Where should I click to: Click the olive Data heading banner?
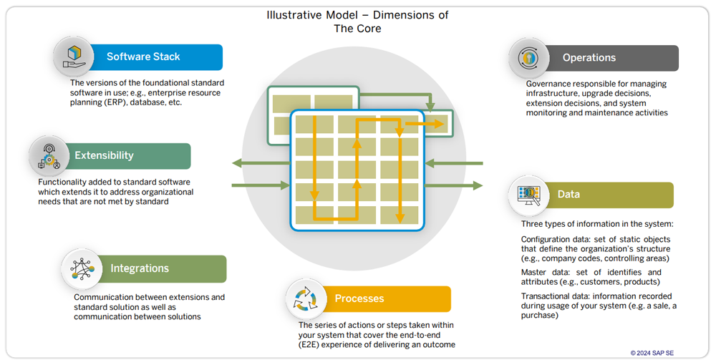609,195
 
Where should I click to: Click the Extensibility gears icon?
49,156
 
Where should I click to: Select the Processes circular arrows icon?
306,299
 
